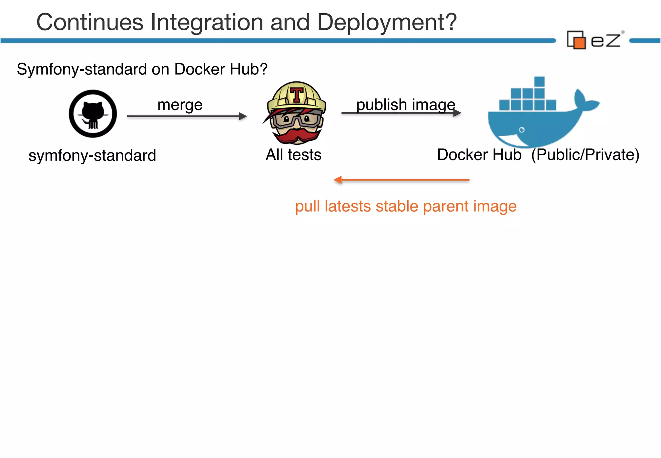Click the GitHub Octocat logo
[93, 114]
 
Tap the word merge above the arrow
[180, 105]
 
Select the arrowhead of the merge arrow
[243, 116]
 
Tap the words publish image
[406, 105]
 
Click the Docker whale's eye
[522, 130]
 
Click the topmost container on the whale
[539, 81]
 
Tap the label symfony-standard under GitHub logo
[92, 156]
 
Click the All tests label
[293, 155]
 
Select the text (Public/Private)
[585, 155]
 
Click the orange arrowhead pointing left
[338, 180]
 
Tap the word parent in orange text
[446, 206]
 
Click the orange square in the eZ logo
[580, 43]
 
